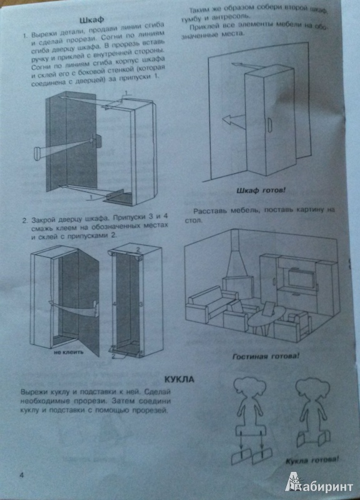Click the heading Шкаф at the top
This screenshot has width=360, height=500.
(91, 20)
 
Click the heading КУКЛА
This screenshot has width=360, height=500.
(179, 379)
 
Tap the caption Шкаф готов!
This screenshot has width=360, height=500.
(261, 191)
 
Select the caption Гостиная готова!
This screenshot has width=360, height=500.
(266, 356)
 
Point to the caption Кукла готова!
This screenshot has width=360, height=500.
(312, 461)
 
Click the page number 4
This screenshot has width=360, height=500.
(22, 475)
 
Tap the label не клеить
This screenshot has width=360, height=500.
(68, 352)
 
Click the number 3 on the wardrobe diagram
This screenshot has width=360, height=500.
(141, 304)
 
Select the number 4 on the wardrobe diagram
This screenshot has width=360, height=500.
(114, 304)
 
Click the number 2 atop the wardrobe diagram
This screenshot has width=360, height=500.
(137, 249)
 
